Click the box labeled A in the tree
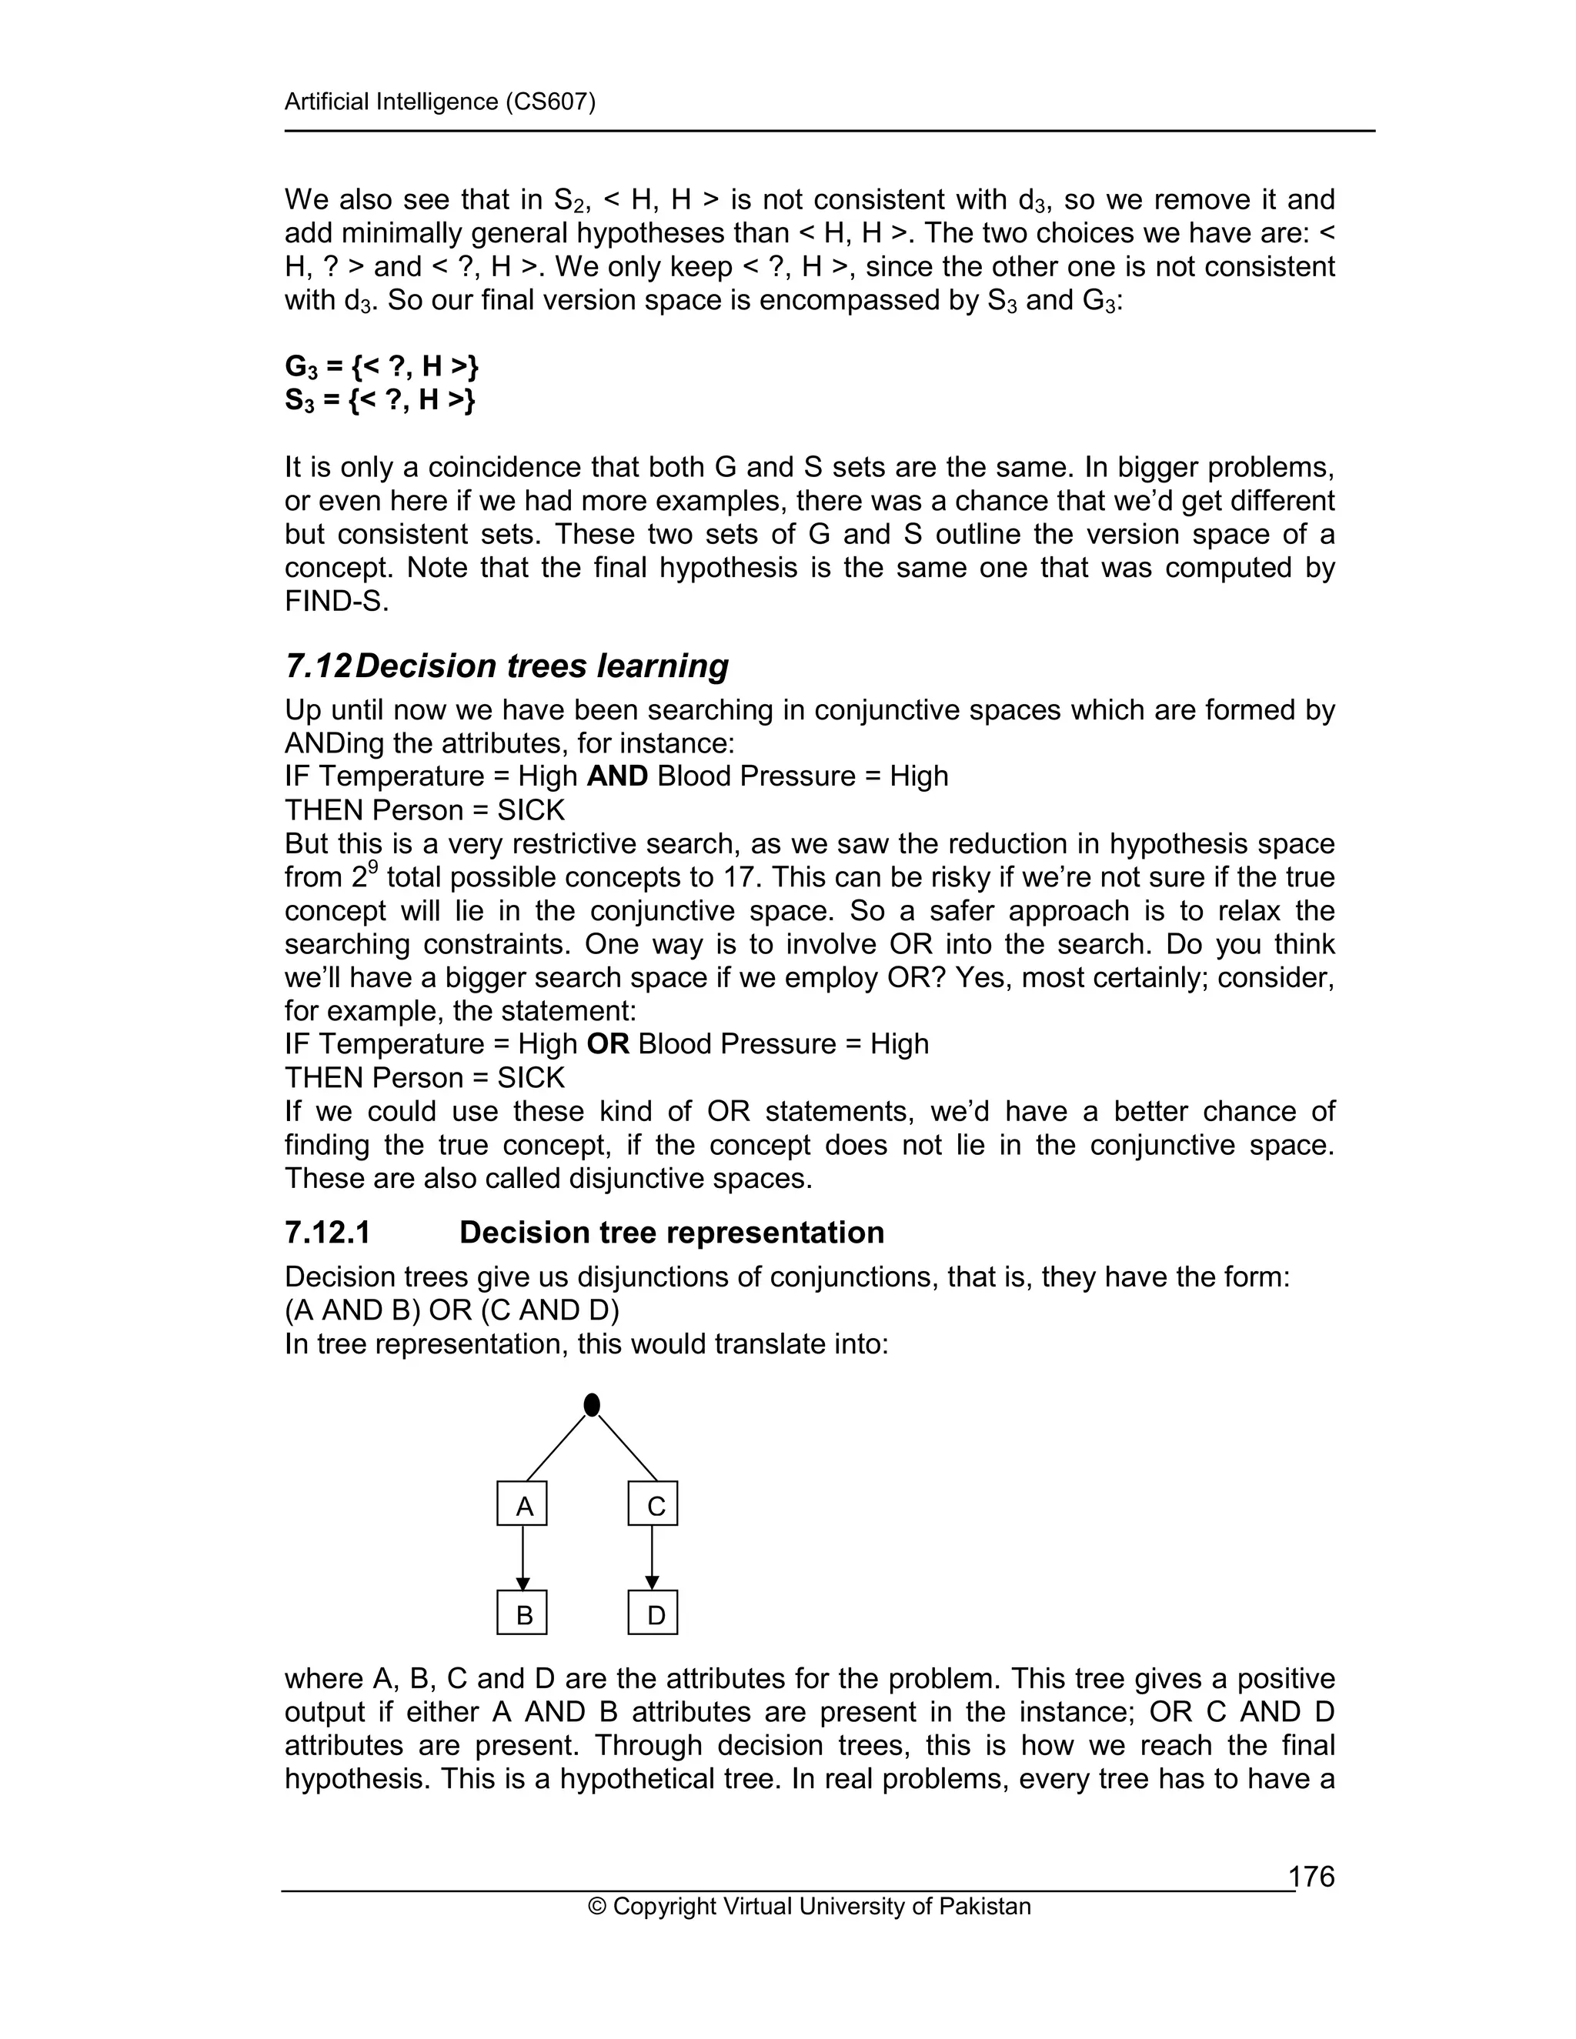pyautogui.click(x=522, y=1506)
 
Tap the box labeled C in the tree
pyautogui.click(x=653, y=1506)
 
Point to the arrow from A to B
pyautogui.click(x=523, y=1559)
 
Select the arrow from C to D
pyautogui.click(x=652, y=1559)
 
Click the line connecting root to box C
pyautogui.click(x=627, y=1448)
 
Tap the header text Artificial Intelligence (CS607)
pyautogui.click(x=439, y=102)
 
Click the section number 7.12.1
pyautogui.click(x=328, y=1233)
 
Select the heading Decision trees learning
pyautogui.click(x=542, y=666)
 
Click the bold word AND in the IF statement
pyautogui.click(x=617, y=777)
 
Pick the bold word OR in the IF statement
pyautogui.click(x=608, y=1044)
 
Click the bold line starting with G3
pyautogui.click(x=381, y=367)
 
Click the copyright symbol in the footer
pyautogui.click(x=596, y=1907)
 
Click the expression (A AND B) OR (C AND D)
pyautogui.click(x=452, y=1311)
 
